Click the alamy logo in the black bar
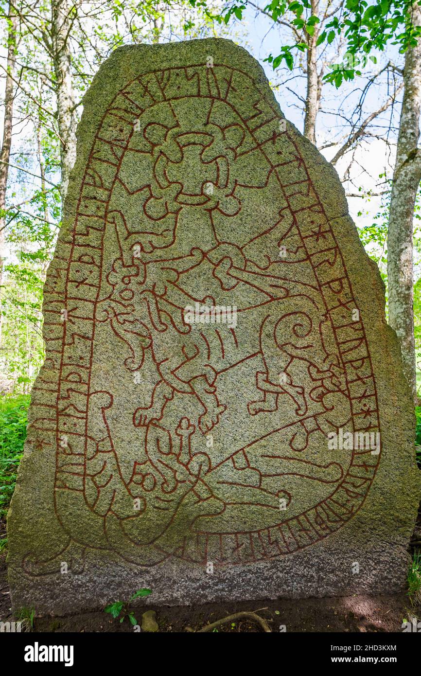49,654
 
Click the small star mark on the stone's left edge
40,443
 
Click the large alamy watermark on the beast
210,316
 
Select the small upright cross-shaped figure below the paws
185,433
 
